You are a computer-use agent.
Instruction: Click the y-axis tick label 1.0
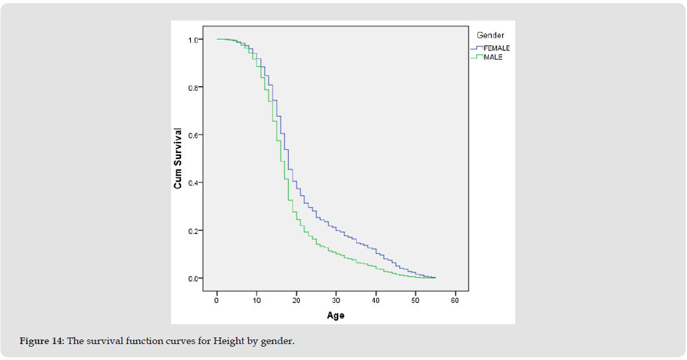[192, 40]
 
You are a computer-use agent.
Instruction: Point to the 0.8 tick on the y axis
[192, 88]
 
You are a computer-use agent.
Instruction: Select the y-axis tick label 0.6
[192, 135]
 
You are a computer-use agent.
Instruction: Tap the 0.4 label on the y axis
[192, 183]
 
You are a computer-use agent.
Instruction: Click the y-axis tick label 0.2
[192, 231]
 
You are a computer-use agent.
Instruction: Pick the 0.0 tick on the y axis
[192, 278]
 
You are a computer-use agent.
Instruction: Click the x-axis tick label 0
[217, 300]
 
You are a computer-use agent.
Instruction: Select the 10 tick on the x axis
[257, 300]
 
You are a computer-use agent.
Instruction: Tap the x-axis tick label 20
[296, 300]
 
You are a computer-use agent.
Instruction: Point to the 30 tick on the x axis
[336, 300]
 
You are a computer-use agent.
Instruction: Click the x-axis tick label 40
[375, 300]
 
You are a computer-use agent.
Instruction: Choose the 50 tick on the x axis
[415, 300]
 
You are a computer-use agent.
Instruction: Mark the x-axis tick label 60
[455, 300]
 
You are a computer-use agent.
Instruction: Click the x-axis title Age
[336, 316]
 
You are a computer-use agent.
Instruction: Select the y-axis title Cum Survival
[178, 158]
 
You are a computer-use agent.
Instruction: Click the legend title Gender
[490, 34]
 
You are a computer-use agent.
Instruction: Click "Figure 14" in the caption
[40, 341]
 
